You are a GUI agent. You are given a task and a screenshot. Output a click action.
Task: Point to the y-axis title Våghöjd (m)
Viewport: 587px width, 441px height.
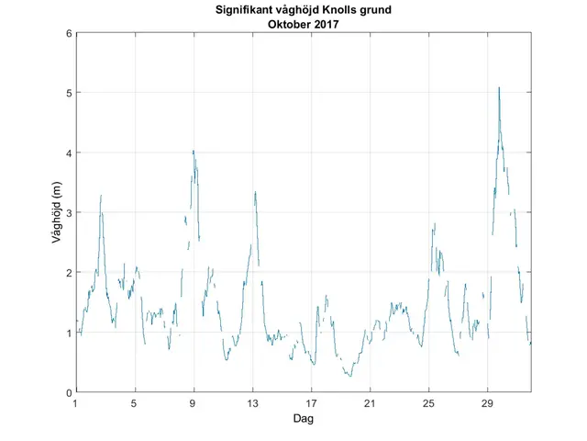pos(57,212)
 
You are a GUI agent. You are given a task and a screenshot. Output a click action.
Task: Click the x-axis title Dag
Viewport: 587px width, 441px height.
pos(303,418)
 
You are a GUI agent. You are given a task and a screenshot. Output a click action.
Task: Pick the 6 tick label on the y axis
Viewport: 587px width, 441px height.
pos(68,33)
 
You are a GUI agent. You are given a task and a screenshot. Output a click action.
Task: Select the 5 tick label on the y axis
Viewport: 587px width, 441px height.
pos(68,93)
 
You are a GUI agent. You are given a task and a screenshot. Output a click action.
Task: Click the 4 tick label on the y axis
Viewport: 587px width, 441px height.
pos(68,153)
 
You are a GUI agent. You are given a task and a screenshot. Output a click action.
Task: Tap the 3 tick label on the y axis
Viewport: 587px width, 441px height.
pos(68,212)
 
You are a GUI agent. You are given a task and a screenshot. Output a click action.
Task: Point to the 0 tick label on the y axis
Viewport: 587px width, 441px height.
pos(68,392)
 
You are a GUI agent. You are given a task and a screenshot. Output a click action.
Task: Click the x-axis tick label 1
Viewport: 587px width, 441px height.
pos(75,403)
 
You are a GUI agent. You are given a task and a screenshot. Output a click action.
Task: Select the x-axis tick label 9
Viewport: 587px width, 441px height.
pos(194,403)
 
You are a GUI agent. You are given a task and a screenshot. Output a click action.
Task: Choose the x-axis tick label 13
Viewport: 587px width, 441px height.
pos(252,403)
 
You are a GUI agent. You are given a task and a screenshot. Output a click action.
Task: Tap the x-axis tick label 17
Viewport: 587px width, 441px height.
pos(311,403)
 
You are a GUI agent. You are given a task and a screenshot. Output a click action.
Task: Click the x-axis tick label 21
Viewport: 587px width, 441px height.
pos(370,403)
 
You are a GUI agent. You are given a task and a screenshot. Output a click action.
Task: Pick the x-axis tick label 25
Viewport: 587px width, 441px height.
pos(428,403)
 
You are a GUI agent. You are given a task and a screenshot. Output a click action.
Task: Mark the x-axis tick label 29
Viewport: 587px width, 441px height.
pos(488,403)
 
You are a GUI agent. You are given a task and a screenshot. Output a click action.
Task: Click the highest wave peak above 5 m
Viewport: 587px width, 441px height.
pos(499,88)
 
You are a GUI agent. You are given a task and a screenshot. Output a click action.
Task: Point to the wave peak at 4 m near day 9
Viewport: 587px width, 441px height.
pos(194,152)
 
